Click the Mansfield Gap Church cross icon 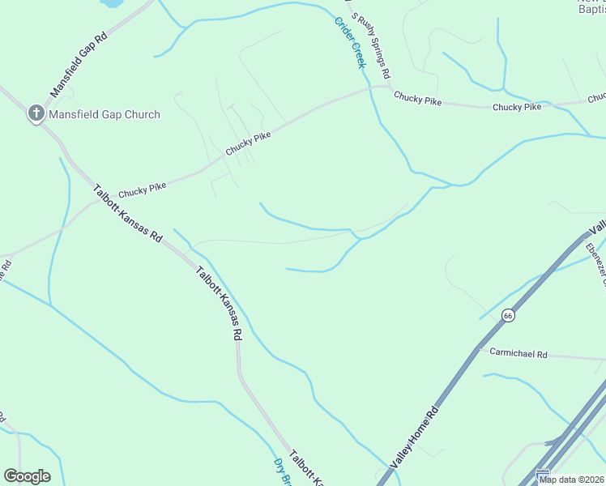(36, 114)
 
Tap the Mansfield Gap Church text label (105, 114)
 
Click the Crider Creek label (350, 42)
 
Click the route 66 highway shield (508, 315)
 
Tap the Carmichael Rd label (519, 354)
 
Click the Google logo (27, 476)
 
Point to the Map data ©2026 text (571, 480)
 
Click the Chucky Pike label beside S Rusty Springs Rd (417, 99)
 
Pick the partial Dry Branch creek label (280, 472)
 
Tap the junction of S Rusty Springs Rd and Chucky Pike (388, 87)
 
